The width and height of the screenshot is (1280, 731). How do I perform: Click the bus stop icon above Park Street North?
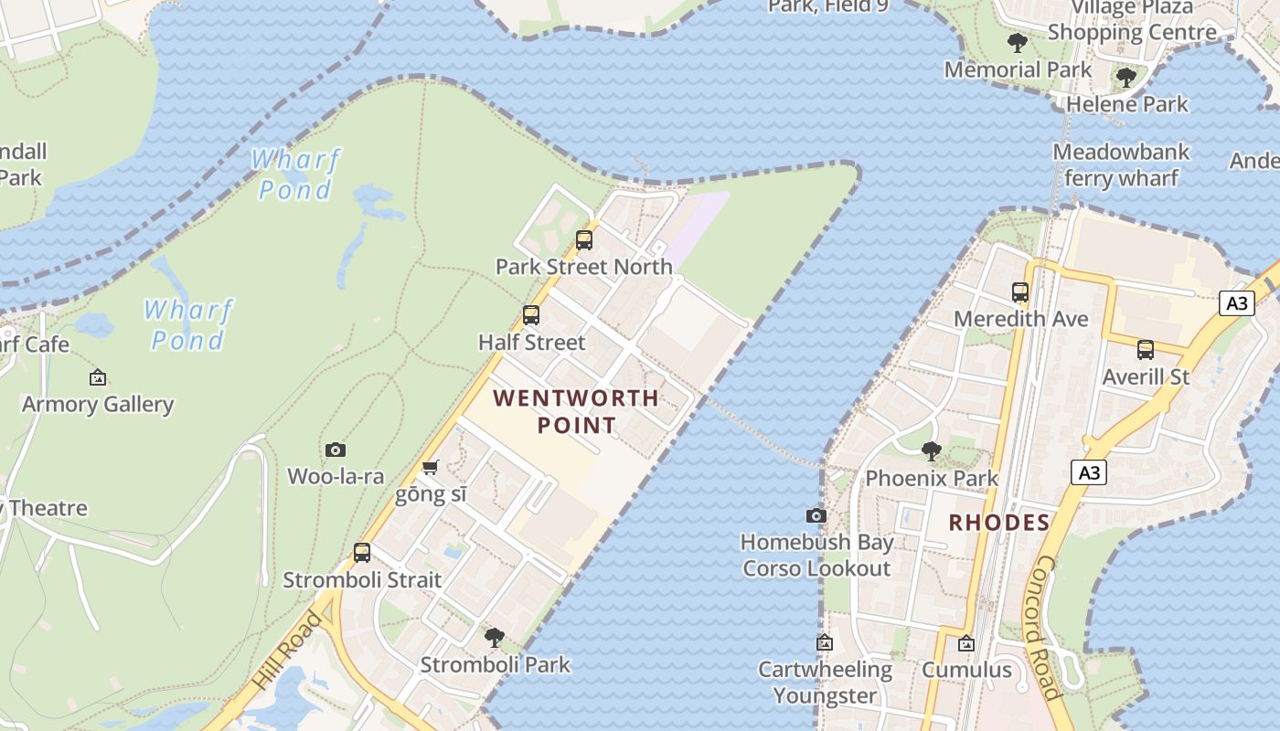click(583, 240)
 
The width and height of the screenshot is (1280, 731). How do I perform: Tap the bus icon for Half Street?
click(530, 315)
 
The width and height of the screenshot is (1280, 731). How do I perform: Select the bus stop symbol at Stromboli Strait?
click(362, 553)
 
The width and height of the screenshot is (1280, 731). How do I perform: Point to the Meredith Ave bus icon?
click(1020, 292)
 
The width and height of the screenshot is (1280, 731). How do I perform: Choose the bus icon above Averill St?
click(1145, 349)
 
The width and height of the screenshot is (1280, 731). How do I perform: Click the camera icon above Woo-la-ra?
click(336, 450)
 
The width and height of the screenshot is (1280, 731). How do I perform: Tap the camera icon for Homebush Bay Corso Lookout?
click(816, 515)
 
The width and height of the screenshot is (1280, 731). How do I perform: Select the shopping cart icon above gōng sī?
click(431, 468)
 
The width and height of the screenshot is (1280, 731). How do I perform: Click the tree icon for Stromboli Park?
click(495, 637)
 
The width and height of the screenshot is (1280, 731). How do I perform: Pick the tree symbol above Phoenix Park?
click(932, 450)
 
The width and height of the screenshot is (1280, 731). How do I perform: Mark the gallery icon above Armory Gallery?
click(98, 377)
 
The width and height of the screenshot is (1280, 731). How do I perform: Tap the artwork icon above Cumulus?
click(966, 643)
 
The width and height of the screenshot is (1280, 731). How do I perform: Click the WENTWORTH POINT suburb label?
click(576, 411)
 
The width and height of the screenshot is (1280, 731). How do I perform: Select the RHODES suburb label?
click(998, 523)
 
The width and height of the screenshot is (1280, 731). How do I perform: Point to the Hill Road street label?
click(287, 650)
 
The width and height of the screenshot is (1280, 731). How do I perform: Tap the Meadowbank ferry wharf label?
click(1121, 164)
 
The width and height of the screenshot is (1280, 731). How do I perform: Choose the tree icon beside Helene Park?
click(1126, 78)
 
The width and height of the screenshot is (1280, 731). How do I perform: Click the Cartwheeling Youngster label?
click(825, 683)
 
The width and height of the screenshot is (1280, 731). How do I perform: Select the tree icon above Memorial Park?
click(1017, 42)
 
